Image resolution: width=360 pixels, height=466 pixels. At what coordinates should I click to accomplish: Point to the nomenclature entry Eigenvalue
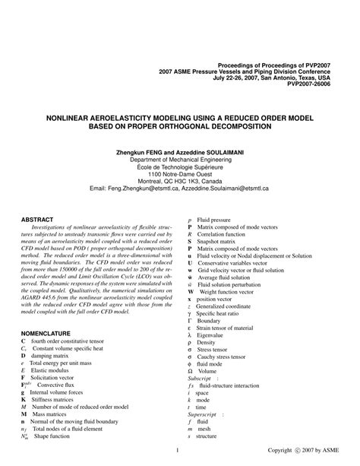pos(213,334)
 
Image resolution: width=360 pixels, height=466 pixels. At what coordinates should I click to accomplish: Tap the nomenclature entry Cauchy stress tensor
pos(226,357)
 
